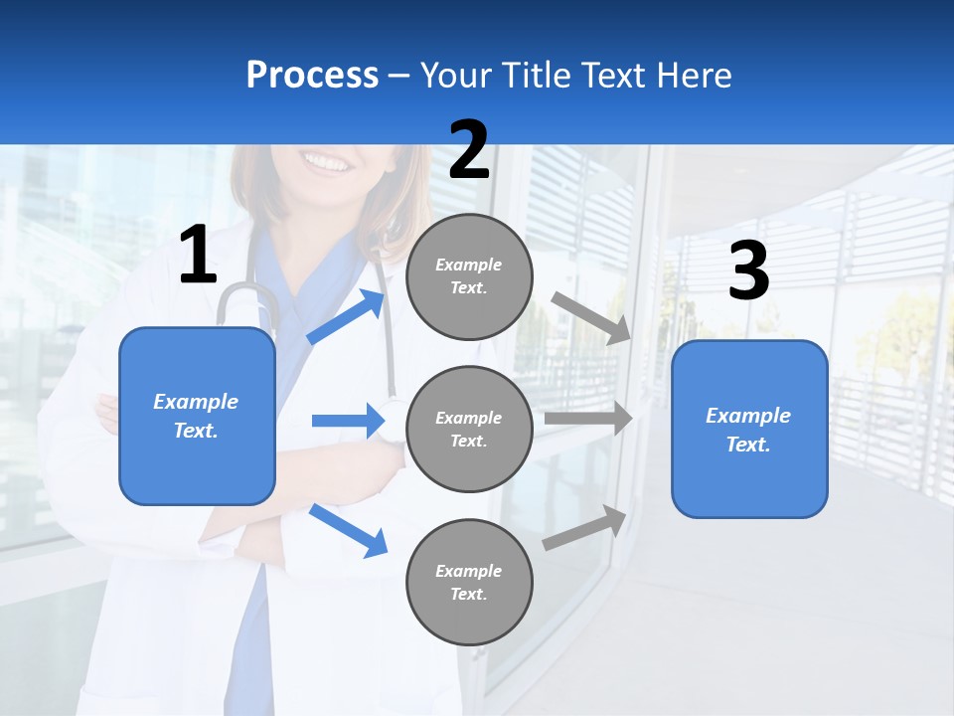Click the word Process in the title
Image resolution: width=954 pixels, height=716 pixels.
(x=312, y=76)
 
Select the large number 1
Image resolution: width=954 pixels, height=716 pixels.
(x=198, y=257)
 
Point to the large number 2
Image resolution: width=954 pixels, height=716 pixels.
(x=469, y=150)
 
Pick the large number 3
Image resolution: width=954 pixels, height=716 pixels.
(x=748, y=271)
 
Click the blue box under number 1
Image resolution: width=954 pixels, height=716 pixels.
(x=197, y=416)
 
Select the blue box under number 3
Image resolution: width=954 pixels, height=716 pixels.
(x=749, y=430)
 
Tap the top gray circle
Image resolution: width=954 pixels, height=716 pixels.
(x=470, y=276)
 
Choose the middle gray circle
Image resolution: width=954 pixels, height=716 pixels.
(x=470, y=430)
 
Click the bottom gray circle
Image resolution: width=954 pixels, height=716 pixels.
(x=470, y=583)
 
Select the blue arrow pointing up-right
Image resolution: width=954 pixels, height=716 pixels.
(x=347, y=317)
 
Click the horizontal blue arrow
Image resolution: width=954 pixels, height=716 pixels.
(x=348, y=421)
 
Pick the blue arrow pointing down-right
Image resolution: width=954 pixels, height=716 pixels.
(x=349, y=530)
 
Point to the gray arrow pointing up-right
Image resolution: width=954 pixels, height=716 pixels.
(x=585, y=528)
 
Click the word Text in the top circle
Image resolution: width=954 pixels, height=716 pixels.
(x=468, y=288)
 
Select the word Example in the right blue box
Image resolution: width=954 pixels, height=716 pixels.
(x=748, y=416)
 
